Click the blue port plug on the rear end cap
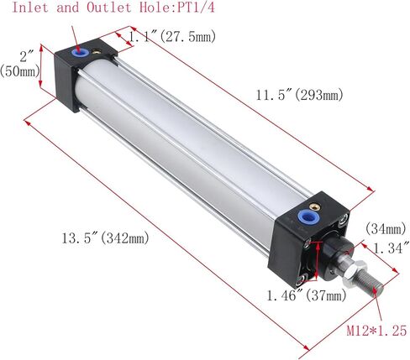[81, 53]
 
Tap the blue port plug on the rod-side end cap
[306, 221]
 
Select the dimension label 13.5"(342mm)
[104, 239]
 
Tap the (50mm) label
[20, 72]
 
